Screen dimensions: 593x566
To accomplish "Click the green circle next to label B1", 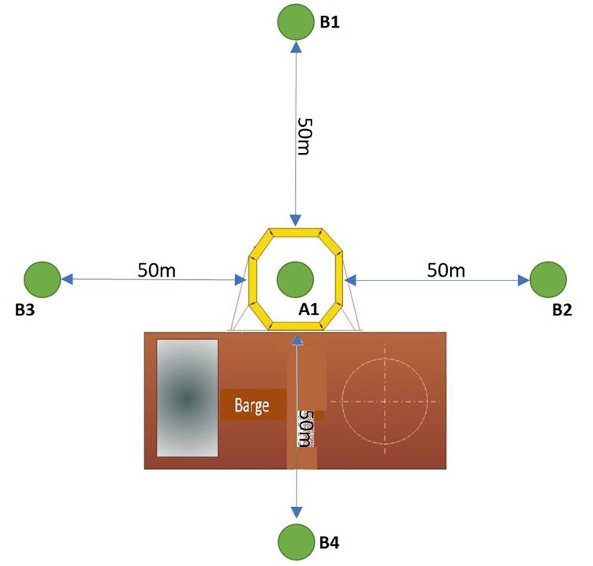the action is pyautogui.click(x=296, y=21).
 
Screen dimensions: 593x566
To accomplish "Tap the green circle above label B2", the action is pyautogui.click(x=548, y=280).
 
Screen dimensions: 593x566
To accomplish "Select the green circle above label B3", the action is pyautogui.click(x=43, y=280).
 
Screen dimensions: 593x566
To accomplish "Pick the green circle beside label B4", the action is pyautogui.click(x=296, y=542).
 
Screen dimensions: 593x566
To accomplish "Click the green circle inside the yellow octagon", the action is pyautogui.click(x=296, y=280).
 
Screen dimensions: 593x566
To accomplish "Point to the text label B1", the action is pyautogui.click(x=330, y=22).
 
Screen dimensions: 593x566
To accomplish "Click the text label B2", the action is pyautogui.click(x=562, y=310).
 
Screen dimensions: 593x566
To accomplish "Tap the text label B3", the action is pyautogui.click(x=25, y=310).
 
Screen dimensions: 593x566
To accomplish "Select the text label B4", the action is pyautogui.click(x=330, y=542).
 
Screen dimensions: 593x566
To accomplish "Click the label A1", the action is pyautogui.click(x=308, y=309).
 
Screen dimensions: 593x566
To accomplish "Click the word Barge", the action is pyautogui.click(x=252, y=406).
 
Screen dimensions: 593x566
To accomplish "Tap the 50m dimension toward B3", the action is pyautogui.click(x=157, y=270).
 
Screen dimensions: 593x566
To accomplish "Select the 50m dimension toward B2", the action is pyautogui.click(x=446, y=270).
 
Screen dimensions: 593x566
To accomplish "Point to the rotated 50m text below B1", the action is pyautogui.click(x=305, y=136).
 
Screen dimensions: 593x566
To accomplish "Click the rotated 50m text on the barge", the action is pyautogui.click(x=306, y=429).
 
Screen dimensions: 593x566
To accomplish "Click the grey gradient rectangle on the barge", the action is pyautogui.click(x=187, y=398).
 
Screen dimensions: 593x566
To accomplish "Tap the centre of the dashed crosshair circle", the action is pyautogui.click(x=385, y=401).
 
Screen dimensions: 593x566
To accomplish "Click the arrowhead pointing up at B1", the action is pyautogui.click(x=296, y=47).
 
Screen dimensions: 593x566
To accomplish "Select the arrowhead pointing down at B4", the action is pyautogui.click(x=296, y=512).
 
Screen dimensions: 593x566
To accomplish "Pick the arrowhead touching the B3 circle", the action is pyautogui.click(x=67, y=279).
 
